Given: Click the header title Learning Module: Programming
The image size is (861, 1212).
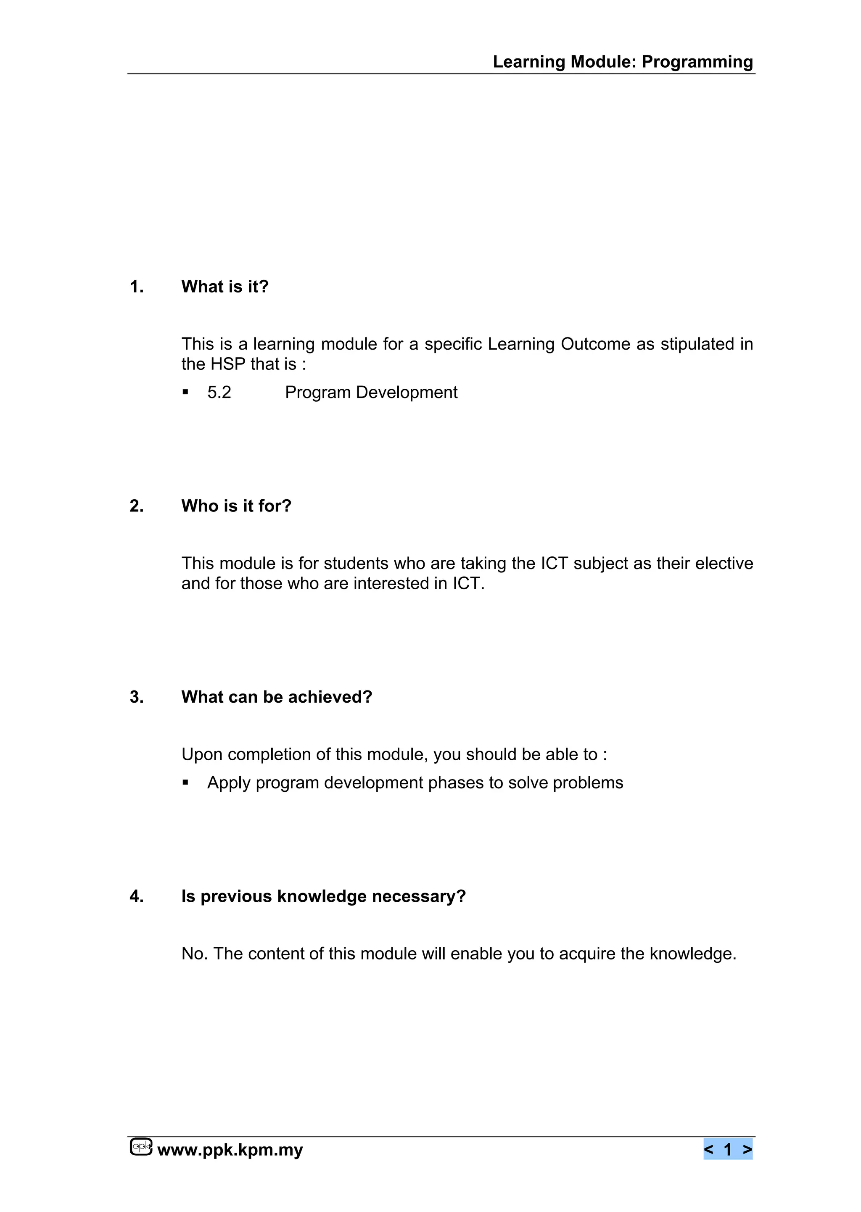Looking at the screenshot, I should [623, 62].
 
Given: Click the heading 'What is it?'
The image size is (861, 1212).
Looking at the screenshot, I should [225, 287].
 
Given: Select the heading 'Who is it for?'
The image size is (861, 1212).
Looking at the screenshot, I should [236, 506].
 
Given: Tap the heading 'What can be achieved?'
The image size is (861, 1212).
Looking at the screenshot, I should [277, 697].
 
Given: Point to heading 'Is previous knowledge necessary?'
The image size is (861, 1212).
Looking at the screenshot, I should [323, 896].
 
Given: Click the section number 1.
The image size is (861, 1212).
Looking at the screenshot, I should [136, 287].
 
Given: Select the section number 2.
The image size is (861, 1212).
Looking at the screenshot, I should [136, 506].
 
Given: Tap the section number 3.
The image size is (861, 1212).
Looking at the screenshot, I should [136, 697].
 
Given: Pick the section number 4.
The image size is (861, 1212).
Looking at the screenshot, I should [136, 896].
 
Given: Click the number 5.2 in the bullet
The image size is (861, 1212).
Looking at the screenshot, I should [219, 393].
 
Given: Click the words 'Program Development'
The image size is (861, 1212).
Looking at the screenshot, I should [371, 393].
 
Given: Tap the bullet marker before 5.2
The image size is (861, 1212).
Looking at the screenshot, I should [185, 393].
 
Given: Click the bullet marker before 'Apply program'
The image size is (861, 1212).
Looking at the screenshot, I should [185, 783].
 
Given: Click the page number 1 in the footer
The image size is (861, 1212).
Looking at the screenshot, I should [728, 1149].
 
